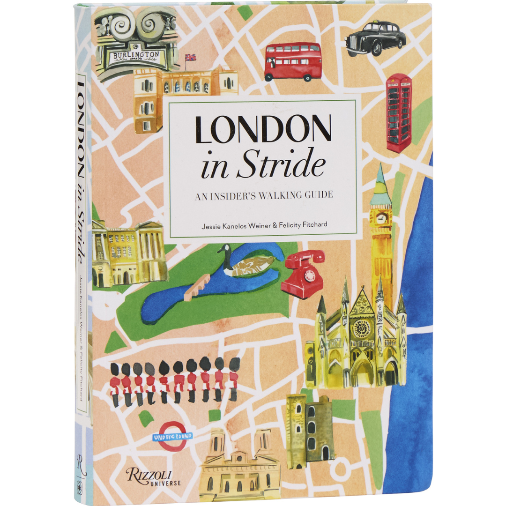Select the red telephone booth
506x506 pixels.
398,112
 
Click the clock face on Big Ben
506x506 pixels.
381,218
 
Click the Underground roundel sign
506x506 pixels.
173,436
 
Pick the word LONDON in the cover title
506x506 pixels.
263,130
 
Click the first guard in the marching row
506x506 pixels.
115,382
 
